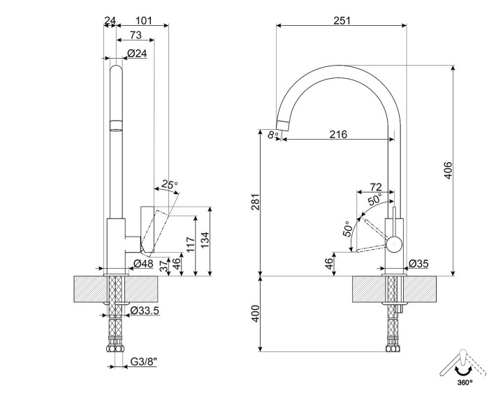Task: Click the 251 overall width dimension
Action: point(342,20)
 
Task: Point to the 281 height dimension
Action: point(255,202)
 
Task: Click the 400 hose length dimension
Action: point(255,313)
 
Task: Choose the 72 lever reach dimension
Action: point(375,186)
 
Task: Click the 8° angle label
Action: point(272,135)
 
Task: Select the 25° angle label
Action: point(169,185)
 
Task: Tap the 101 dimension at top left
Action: point(143,20)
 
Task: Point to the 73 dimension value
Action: point(136,36)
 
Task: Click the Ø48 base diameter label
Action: point(143,263)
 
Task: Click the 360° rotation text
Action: point(464,382)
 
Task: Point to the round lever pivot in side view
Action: point(395,244)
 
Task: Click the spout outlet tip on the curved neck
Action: point(282,126)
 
